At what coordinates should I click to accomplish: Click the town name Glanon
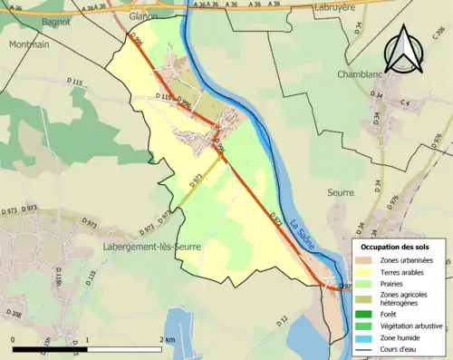click(x=143, y=16)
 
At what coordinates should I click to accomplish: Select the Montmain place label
click(x=29, y=44)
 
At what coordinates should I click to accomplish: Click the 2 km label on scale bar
click(x=168, y=339)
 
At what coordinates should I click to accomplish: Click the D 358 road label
click(x=14, y=315)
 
